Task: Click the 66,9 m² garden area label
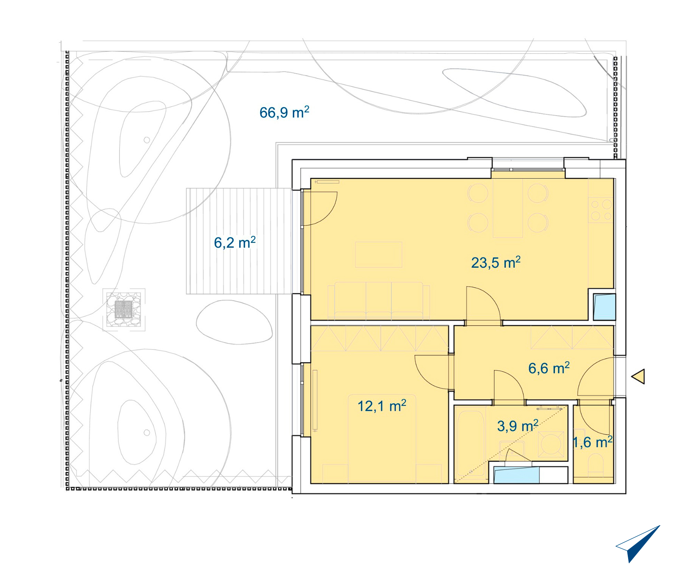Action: pos(284,112)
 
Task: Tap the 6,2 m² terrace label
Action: pos(235,242)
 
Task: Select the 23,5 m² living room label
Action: pos(496,262)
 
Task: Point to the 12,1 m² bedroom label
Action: pos(382,406)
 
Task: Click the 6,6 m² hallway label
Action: pos(549,368)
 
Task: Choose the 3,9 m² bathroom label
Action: pos(518,426)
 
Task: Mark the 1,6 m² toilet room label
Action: pos(593,442)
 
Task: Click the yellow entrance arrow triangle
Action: pos(638,376)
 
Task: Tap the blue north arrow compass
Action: pos(638,544)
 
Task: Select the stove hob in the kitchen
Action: pos(601,210)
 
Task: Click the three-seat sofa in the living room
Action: pos(379,300)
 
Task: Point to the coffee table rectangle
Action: pos(379,254)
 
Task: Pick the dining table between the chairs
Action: pos(508,208)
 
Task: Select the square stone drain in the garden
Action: pos(124,309)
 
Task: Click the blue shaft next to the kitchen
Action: pos(604,307)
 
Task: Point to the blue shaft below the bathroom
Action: pos(517,475)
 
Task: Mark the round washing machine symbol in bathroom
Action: pos(551,444)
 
